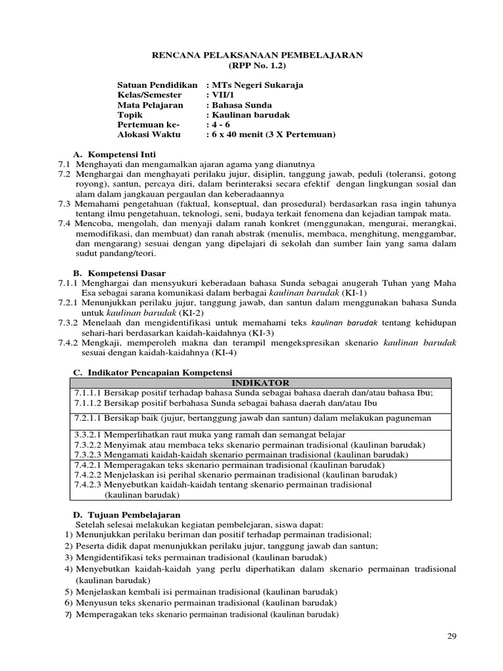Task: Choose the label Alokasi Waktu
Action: coord(148,135)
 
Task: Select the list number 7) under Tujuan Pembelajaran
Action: coord(68,615)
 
